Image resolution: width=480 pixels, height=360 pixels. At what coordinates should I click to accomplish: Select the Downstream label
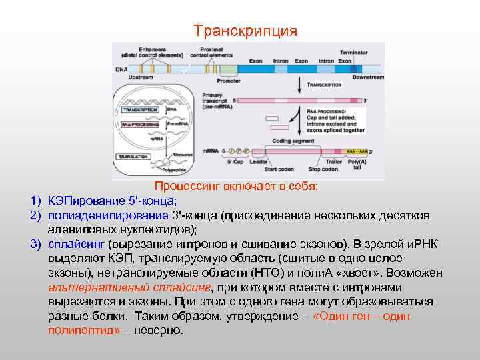point(368,77)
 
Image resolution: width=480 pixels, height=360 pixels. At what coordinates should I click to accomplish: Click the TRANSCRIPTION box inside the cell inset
point(139,109)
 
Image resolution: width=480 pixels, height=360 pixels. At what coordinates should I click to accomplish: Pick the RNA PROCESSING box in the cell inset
point(138,124)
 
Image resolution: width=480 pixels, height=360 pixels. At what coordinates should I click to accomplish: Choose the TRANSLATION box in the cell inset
point(135,156)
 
